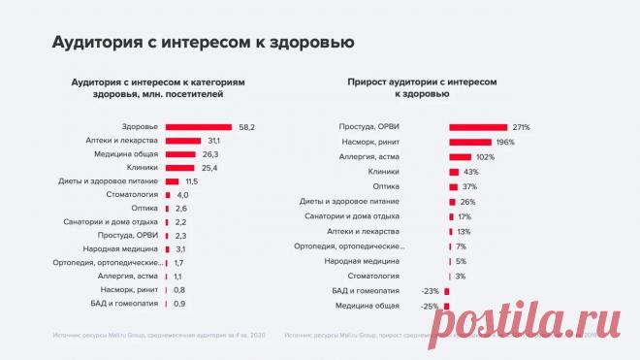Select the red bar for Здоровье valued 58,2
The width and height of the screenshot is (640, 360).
[x=199, y=127]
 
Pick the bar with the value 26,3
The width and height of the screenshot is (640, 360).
[x=180, y=154]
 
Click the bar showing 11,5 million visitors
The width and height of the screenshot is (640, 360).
[x=173, y=181]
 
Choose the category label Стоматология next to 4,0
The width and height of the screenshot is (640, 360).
[x=134, y=195]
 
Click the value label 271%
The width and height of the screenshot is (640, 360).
[x=522, y=127]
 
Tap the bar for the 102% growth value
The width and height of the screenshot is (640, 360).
[x=460, y=156]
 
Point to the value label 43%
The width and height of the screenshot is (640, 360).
[x=472, y=172]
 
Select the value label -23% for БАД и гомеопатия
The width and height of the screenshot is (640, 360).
[x=431, y=291]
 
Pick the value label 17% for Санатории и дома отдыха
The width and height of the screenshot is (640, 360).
[x=464, y=216]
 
